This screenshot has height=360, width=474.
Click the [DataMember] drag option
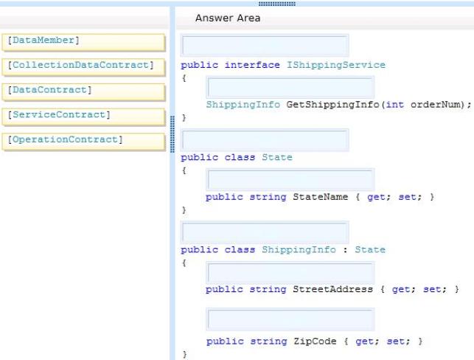(x=83, y=42)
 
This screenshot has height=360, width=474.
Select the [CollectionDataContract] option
(x=83, y=67)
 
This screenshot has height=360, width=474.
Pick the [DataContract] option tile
(x=83, y=91)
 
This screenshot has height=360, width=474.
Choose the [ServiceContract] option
(x=83, y=117)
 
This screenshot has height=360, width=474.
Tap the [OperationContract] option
(x=83, y=142)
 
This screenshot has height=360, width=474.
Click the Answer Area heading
(x=228, y=18)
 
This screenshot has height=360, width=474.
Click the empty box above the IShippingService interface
(x=265, y=46)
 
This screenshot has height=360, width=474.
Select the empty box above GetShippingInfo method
(x=290, y=87)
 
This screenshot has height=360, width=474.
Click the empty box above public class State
(x=265, y=139)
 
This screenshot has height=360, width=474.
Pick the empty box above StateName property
(x=290, y=179)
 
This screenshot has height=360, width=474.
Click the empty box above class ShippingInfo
(x=265, y=232)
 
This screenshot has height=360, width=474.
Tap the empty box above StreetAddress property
(x=290, y=272)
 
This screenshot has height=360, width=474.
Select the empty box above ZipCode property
(x=290, y=319)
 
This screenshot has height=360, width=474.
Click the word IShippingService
(x=336, y=65)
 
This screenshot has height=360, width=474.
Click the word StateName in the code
(x=321, y=197)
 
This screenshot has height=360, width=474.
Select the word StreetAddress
(x=332, y=289)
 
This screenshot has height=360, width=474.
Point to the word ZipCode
(x=315, y=342)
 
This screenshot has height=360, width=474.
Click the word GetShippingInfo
(x=332, y=105)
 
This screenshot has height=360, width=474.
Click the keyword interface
(x=252, y=65)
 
